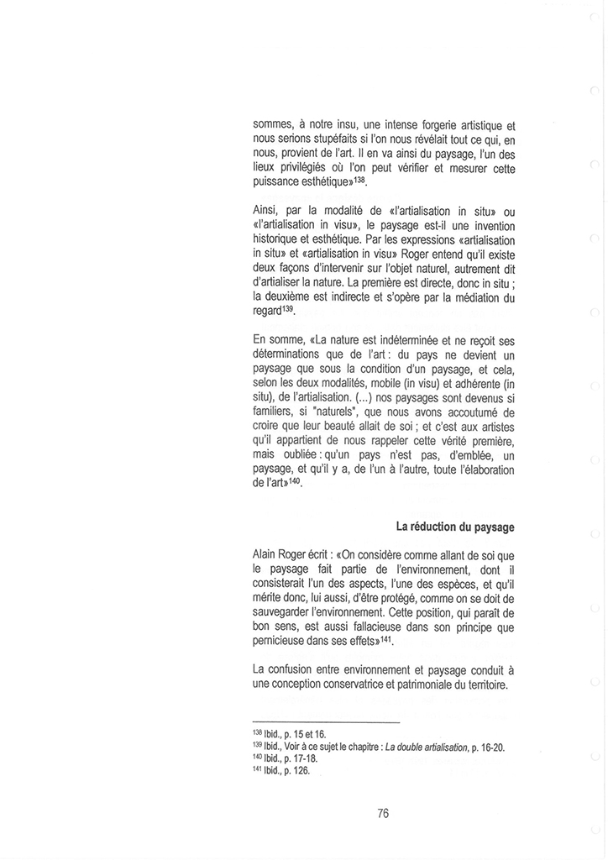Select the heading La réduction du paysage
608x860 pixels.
point(455,527)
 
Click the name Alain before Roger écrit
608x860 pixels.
point(268,555)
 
